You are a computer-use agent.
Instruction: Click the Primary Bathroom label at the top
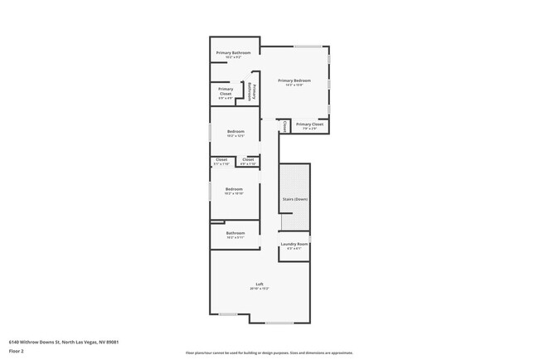click(x=234, y=53)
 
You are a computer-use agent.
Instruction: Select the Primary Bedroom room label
click(x=294, y=80)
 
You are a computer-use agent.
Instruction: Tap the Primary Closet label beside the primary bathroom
click(x=226, y=90)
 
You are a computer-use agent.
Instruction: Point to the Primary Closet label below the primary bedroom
click(x=309, y=124)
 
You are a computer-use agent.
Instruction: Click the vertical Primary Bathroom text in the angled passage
click(x=251, y=90)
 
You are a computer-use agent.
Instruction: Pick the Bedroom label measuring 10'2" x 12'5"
click(x=236, y=132)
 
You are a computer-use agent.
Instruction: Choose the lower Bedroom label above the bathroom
click(x=234, y=189)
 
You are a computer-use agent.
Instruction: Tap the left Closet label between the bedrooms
click(x=221, y=159)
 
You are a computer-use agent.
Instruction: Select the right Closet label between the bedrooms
click(x=248, y=159)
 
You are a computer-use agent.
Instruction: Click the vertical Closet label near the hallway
click(x=284, y=126)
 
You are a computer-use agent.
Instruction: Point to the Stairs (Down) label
click(x=294, y=199)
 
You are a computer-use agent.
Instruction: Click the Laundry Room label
click(x=294, y=244)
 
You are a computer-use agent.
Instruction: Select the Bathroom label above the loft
click(x=236, y=233)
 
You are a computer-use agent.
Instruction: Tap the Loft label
click(x=260, y=285)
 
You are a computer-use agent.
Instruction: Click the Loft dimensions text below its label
click(x=260, y=289)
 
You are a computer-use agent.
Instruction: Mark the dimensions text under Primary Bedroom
click(x=294, y=85)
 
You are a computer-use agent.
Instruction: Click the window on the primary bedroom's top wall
click(x=308, y=46)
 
